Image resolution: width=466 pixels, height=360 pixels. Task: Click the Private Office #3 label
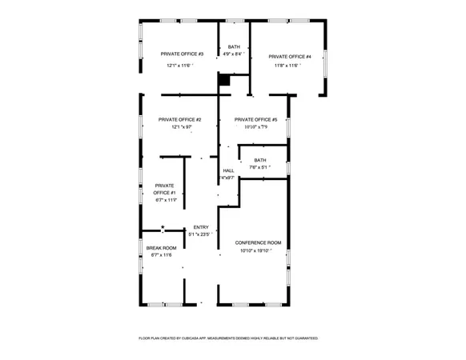coord(182,54)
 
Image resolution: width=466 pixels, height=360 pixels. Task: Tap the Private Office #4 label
coord(289,56)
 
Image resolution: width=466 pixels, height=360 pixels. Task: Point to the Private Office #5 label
coord(255,119)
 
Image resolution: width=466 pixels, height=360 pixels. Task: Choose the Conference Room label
coord(258,242)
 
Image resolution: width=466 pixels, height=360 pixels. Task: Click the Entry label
coord(200,227)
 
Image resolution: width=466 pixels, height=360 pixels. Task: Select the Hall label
coord(228,170)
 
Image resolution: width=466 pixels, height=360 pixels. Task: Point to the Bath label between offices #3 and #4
coord(234,47)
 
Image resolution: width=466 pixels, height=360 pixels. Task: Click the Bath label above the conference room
coord(260,160)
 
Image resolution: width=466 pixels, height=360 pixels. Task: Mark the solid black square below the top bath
coord(224,79)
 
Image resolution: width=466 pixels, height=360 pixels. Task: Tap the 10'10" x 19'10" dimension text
coord(256,250)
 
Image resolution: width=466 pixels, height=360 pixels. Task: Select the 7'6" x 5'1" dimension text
coord(259,167)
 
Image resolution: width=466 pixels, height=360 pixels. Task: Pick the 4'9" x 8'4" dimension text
coord(235,54)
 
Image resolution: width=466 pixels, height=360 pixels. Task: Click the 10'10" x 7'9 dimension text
coord(255,126)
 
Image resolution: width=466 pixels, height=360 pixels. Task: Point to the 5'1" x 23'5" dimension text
coord(200,234)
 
